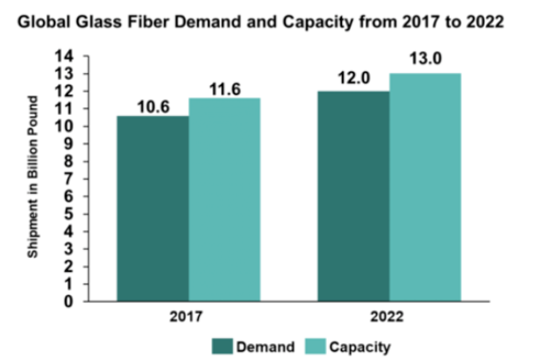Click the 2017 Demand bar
[x=153, y=209]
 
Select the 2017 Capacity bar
[x=225, y=200]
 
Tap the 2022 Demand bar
[x=354, y=196]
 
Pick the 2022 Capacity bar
[x=426, y=187]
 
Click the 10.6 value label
[x=153, y=107]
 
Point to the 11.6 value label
[x=225, y=89]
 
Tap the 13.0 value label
[x=426, y=59]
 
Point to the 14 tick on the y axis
[x=68, y=56]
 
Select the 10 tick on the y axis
[x=68, y=127]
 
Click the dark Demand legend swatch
[x=222, y=346]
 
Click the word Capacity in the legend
[x=360, y=346]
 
